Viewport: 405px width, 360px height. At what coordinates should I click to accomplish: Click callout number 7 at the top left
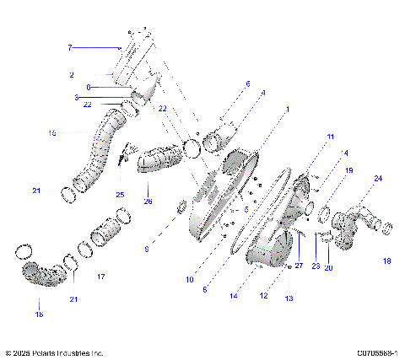(x=70, y=48)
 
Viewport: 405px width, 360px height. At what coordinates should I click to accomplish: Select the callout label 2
(x=72, y=75)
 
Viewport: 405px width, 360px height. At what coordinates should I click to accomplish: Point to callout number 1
(x=287, y=110)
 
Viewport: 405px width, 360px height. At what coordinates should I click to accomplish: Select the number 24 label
(x=377, y=179)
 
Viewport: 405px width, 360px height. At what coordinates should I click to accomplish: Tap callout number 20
(x=329, y=267)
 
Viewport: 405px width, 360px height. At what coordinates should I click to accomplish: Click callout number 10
(x=190, y=279)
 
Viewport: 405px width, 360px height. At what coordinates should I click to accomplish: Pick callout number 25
(x=120, y=195)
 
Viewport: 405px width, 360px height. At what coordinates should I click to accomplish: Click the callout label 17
(x=100, y=276)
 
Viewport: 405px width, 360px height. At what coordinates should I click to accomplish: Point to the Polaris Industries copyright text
(x=54, y=353)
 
